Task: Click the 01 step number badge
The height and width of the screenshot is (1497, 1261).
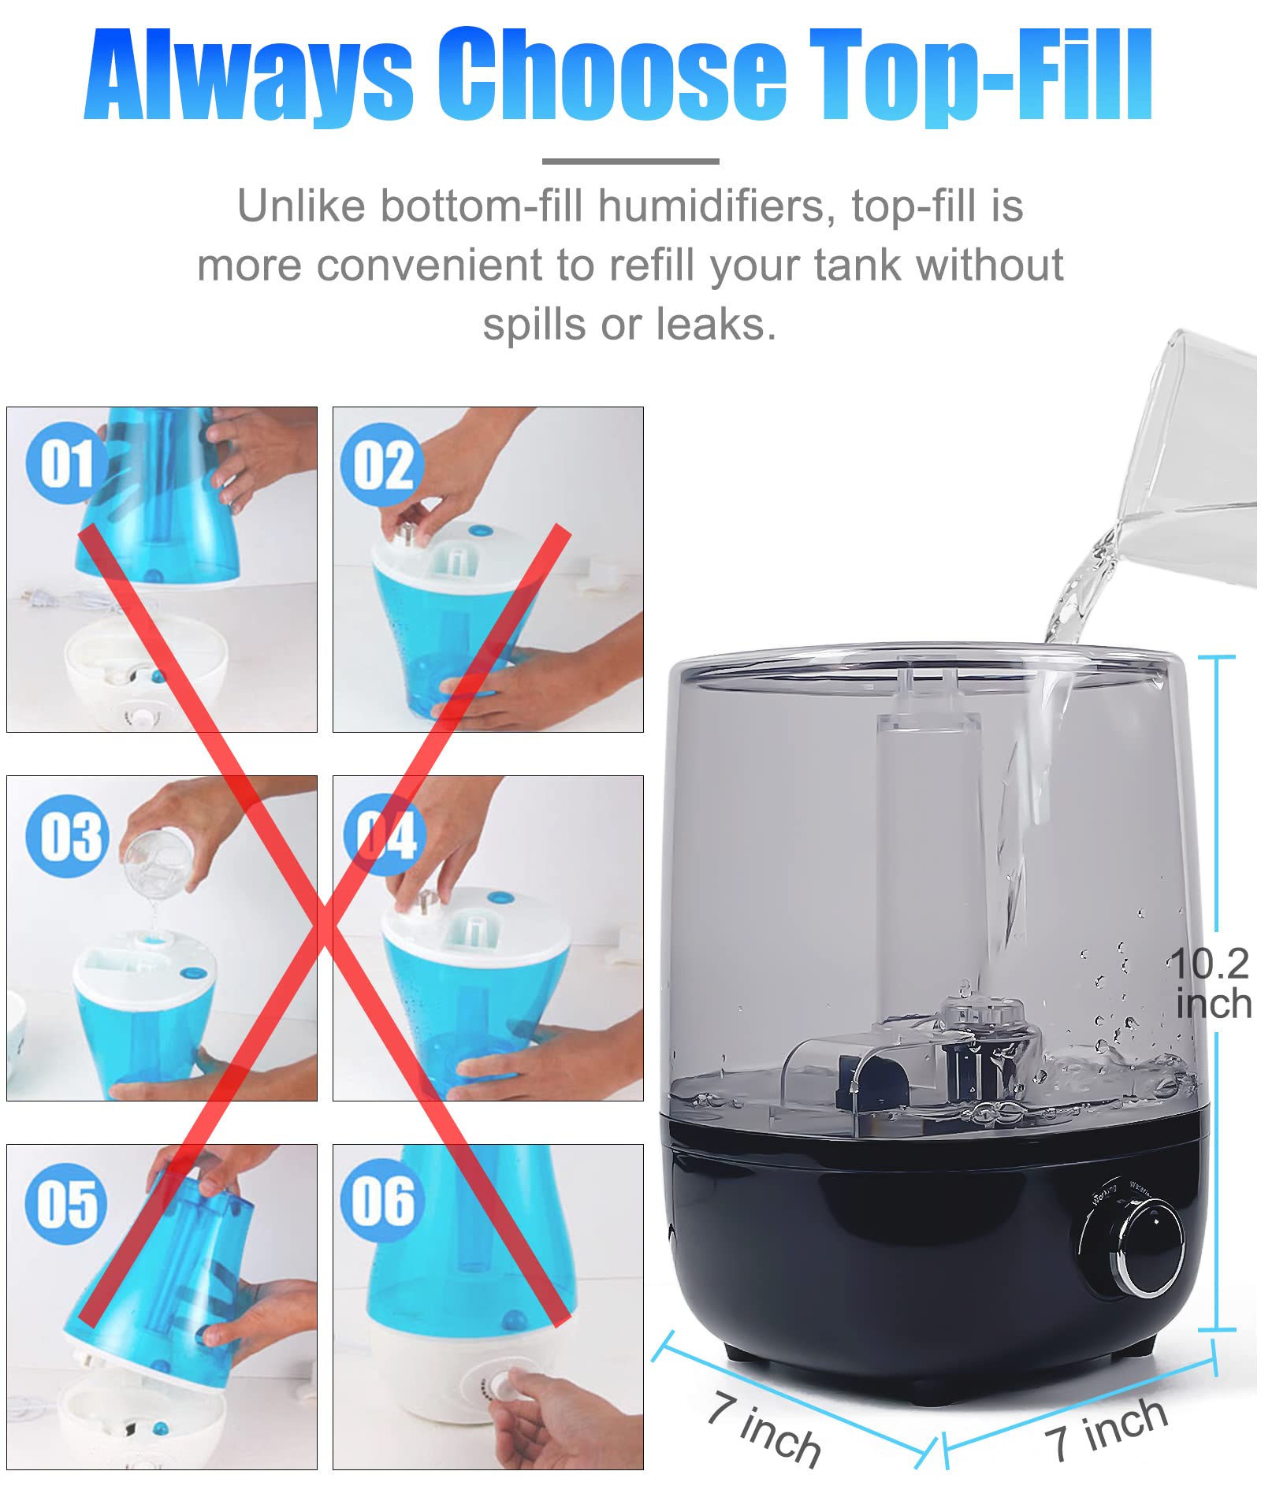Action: click(66, 463)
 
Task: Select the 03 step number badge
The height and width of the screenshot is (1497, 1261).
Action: click(66, 836)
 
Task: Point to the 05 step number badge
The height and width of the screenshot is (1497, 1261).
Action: click(66, 1204)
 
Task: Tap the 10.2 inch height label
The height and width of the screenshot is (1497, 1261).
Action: click(1211, 983)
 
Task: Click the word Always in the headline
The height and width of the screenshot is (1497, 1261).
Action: click(249, 75)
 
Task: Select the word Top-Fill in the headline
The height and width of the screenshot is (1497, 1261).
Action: click(982, 75)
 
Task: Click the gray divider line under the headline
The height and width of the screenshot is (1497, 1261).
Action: click(630, 162)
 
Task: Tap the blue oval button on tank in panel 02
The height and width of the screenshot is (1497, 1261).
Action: click(479, 530)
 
